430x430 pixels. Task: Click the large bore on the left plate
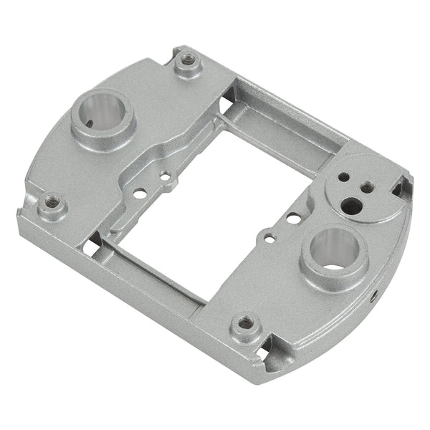[x=102, y=115]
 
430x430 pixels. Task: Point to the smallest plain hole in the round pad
[x=345, y=176]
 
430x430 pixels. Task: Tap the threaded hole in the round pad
[x=368, y=186]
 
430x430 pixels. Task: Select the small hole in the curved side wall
[x=374, y=295]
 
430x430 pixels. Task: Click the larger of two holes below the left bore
[x=140, y=192]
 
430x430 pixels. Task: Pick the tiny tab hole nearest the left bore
[x=165, y=175]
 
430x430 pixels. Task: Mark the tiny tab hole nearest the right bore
[x=267, y=234]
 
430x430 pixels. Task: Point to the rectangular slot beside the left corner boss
[x=89, y=245]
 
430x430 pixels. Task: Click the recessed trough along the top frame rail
[x=287, y=125]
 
